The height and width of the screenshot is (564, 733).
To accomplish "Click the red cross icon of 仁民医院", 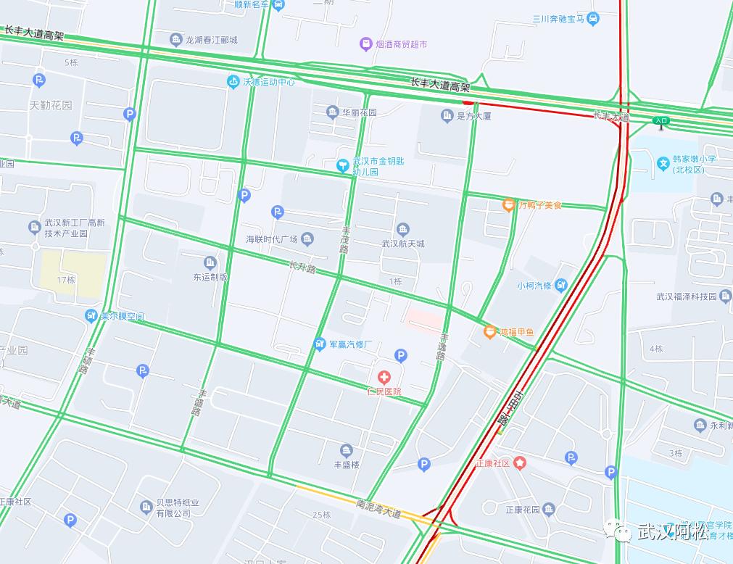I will [x=384, y=377].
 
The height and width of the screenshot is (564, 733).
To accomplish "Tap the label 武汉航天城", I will [x=403, y=244].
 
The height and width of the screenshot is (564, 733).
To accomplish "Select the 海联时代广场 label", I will [x=272, y=239].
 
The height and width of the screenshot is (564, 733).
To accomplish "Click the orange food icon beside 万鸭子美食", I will [x=509, y=205].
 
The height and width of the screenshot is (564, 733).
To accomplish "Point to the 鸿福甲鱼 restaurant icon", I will [x=490, y=332].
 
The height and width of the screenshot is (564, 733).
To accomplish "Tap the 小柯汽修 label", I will [x=534, y=286].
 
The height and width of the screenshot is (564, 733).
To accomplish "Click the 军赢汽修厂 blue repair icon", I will [x=320, y=344].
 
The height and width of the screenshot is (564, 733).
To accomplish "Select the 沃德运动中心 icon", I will [x=233, y=82].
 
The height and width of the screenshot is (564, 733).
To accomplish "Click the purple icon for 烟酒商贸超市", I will [x=367, y=45].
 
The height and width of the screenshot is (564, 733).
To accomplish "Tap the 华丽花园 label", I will [x=360, y=112].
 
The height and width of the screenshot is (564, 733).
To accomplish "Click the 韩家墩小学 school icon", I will [x=663, y=165].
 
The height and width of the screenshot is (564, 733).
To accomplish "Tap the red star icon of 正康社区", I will [x=520, y=463].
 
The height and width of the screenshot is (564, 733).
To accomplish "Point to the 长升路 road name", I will [x=302, y=268].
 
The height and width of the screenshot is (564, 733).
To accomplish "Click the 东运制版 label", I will [x=210, y=276].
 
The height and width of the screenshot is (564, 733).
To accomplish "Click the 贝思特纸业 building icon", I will [x=144, y=505].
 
